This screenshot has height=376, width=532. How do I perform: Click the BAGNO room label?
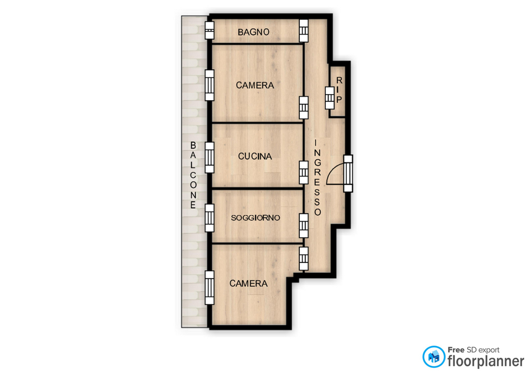253,32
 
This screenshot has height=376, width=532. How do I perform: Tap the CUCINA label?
255,156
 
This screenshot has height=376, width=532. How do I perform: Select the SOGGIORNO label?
255,218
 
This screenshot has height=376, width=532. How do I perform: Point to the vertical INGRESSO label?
317,177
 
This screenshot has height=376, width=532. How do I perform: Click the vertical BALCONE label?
193,176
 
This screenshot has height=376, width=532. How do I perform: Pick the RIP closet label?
339,90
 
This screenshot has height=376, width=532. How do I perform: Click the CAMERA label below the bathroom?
255,85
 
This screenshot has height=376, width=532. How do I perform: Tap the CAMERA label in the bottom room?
248,284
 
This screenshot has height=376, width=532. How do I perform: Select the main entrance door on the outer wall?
348,173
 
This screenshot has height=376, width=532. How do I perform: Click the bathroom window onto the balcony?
209,30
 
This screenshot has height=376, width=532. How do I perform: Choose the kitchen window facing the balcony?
209,157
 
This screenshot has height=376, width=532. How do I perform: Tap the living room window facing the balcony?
209,218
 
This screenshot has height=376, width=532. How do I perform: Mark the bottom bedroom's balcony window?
209,287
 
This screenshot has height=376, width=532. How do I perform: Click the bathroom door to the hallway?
304,30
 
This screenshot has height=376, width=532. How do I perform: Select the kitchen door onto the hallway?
304,173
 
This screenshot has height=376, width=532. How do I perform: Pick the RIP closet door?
329,98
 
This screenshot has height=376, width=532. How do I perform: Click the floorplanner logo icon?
433,357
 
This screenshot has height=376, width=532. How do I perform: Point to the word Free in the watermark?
456,350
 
